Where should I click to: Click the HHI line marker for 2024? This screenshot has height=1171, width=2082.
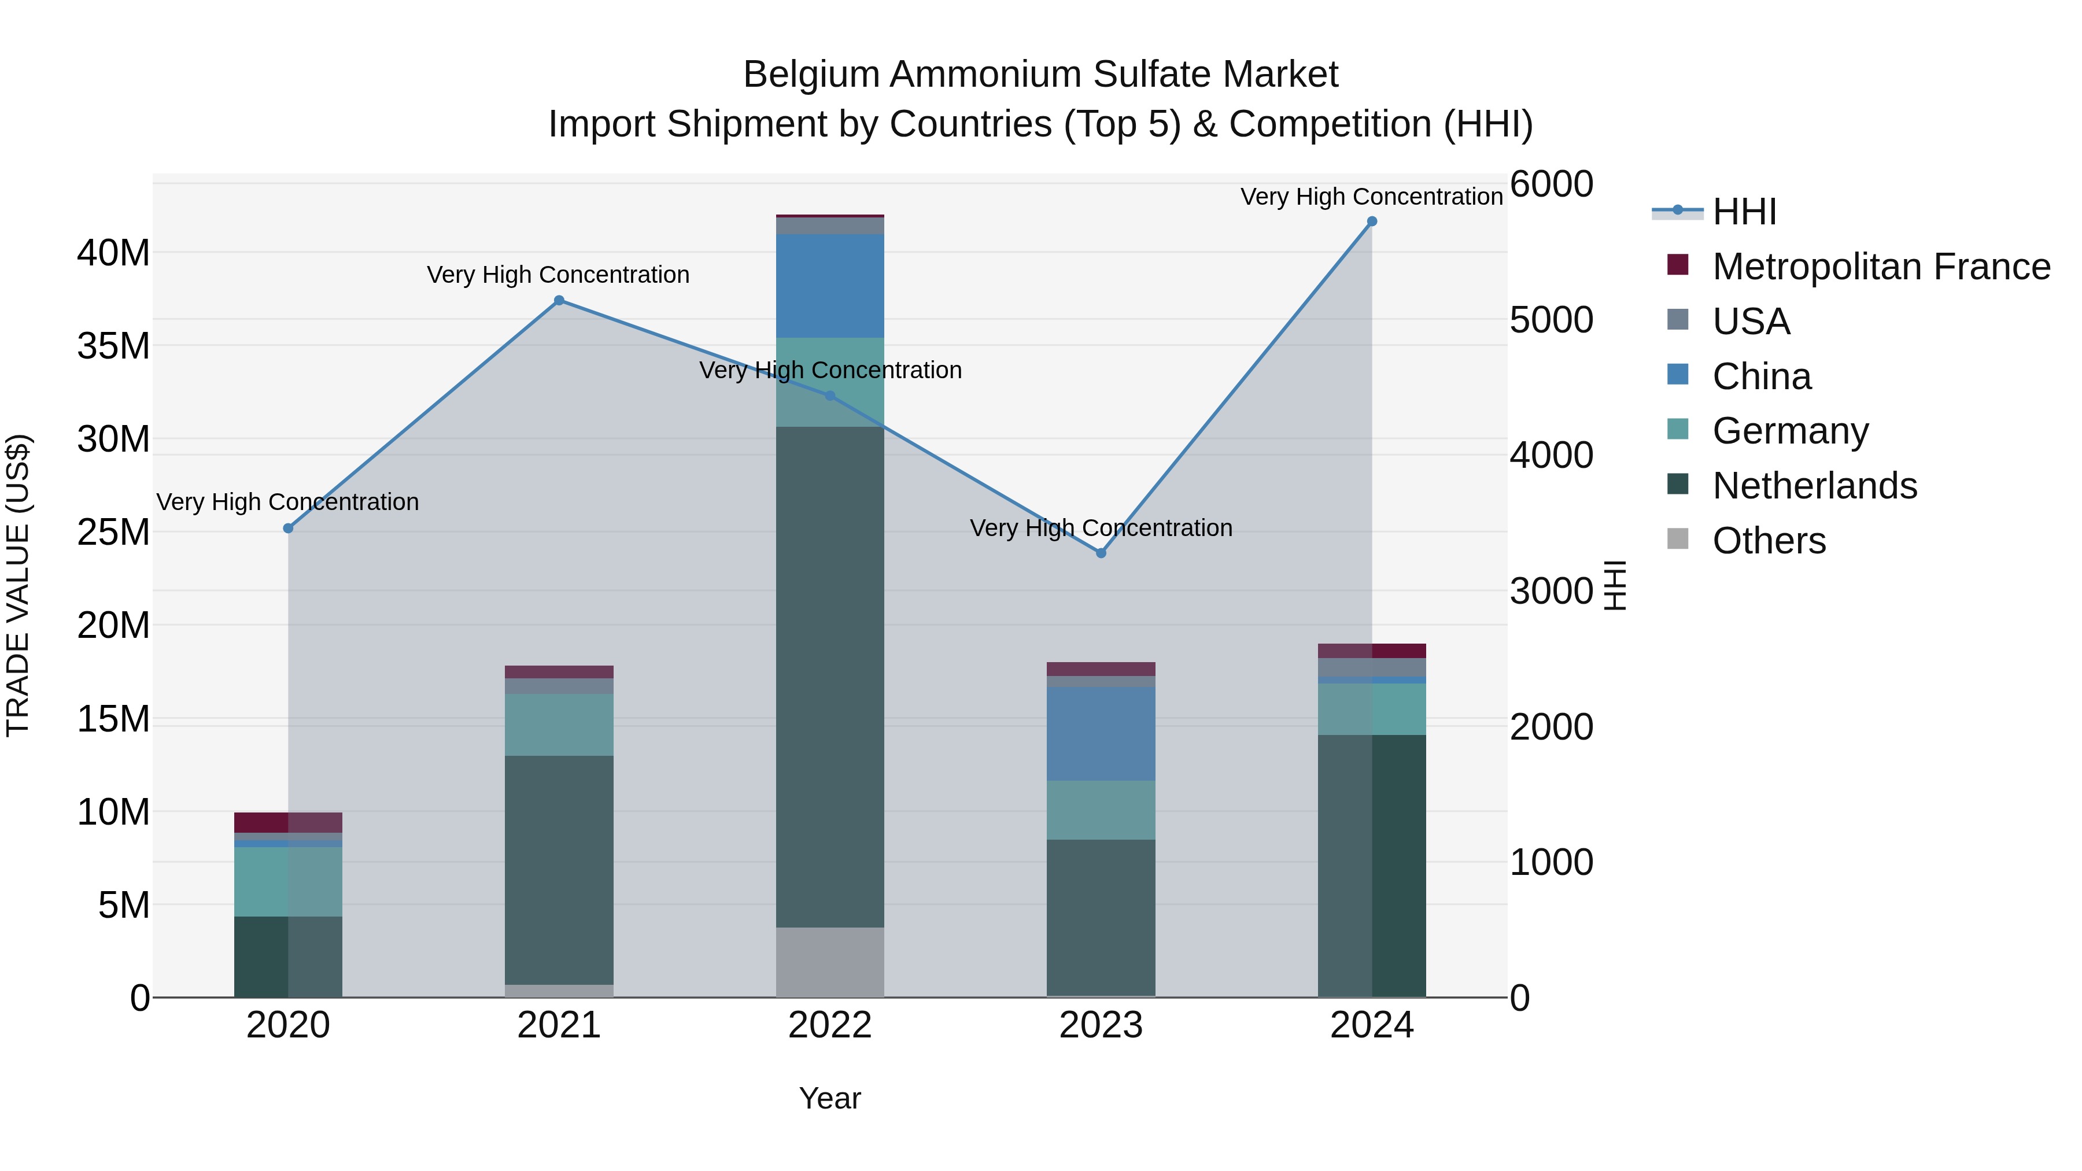point(1372,221)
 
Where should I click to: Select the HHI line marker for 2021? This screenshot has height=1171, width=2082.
point(559,301)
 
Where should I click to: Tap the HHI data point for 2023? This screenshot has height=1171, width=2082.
point(1101,553)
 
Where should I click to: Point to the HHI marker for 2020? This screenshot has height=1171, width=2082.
point(289,528)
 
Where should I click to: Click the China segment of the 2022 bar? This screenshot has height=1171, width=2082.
point(830,286)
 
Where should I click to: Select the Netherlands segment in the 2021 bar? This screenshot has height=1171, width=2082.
point(559,870)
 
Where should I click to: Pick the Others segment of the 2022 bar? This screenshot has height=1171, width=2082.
point(830,962)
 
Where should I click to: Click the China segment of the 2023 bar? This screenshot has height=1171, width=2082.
point(1101,734)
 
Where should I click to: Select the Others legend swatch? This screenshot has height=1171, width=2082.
point(1678,539)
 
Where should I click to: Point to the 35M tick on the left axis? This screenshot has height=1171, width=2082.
point(114,346)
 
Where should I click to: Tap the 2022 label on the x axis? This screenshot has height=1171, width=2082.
point(830,1025)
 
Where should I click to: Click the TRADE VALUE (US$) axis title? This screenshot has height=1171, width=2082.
point(18,585)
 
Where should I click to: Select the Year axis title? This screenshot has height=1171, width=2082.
point(830,1098)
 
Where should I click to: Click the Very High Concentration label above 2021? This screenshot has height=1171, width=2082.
point(559,275)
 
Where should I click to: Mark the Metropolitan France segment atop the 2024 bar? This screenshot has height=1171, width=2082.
point(1372,651)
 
